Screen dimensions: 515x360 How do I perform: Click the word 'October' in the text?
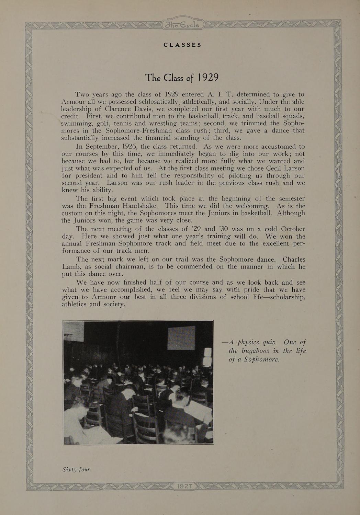click(293, 229)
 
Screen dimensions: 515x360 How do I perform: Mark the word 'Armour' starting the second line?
click(73, 102)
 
